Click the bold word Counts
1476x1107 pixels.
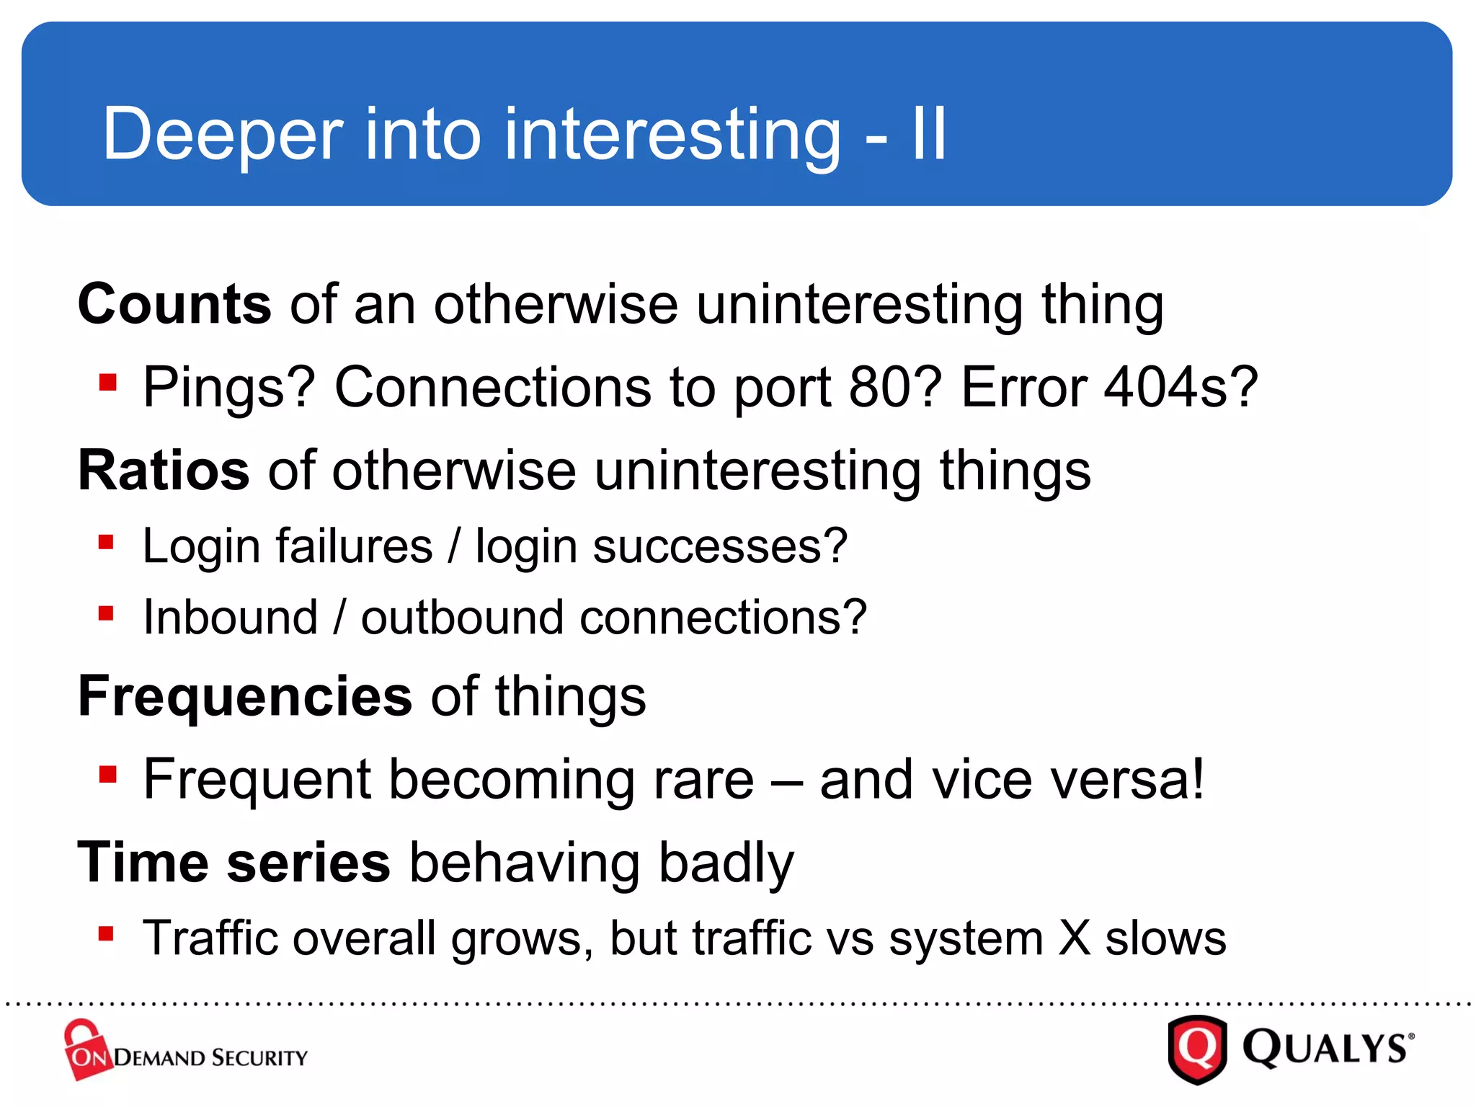[x=174, y=305]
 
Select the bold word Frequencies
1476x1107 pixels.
[x=245, y=697]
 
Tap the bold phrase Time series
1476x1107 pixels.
[x=234, y=863]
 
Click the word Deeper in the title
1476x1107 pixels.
[x=223, y=135]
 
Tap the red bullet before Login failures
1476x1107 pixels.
[x=107, y=542]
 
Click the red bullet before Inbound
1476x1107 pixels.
[x=107, y=614]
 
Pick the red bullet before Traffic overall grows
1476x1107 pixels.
[x=107, y=934]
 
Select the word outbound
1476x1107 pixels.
[x=462, y=618]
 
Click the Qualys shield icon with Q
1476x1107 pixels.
[x=1197, y=1049]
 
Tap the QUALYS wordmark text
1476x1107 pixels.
[x=1326, y=1049]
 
